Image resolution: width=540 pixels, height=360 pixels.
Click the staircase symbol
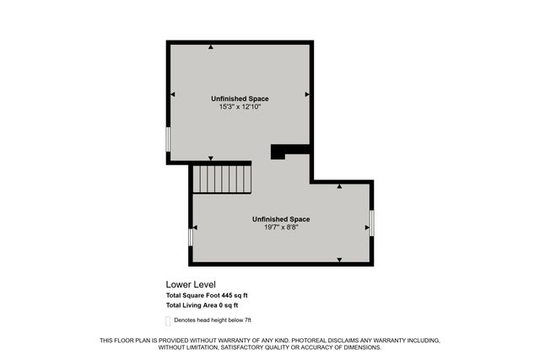(223, 178)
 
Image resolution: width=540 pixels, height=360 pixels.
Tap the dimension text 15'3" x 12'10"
(240, 107)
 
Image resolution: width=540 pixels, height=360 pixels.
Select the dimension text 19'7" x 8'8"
(281, 227)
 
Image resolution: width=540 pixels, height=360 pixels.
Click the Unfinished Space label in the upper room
(240, 99)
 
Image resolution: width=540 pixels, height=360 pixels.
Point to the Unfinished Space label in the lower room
(281, 219)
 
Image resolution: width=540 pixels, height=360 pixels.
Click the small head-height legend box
(168, 321)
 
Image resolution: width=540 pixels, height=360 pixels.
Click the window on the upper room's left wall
(168, 139)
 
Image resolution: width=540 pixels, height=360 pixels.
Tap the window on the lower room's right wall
(372, 223)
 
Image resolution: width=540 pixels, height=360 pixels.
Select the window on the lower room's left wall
(190, 238)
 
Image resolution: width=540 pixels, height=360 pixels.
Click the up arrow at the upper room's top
(211, 47)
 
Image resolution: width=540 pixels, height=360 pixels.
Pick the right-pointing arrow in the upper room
(307, 94)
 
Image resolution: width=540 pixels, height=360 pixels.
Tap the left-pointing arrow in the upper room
(173, 94)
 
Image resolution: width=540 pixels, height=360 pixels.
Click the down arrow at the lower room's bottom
(339, 260)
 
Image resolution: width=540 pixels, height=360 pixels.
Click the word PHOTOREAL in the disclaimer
(268, 341)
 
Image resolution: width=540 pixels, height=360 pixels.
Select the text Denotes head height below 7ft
(213, 321)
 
